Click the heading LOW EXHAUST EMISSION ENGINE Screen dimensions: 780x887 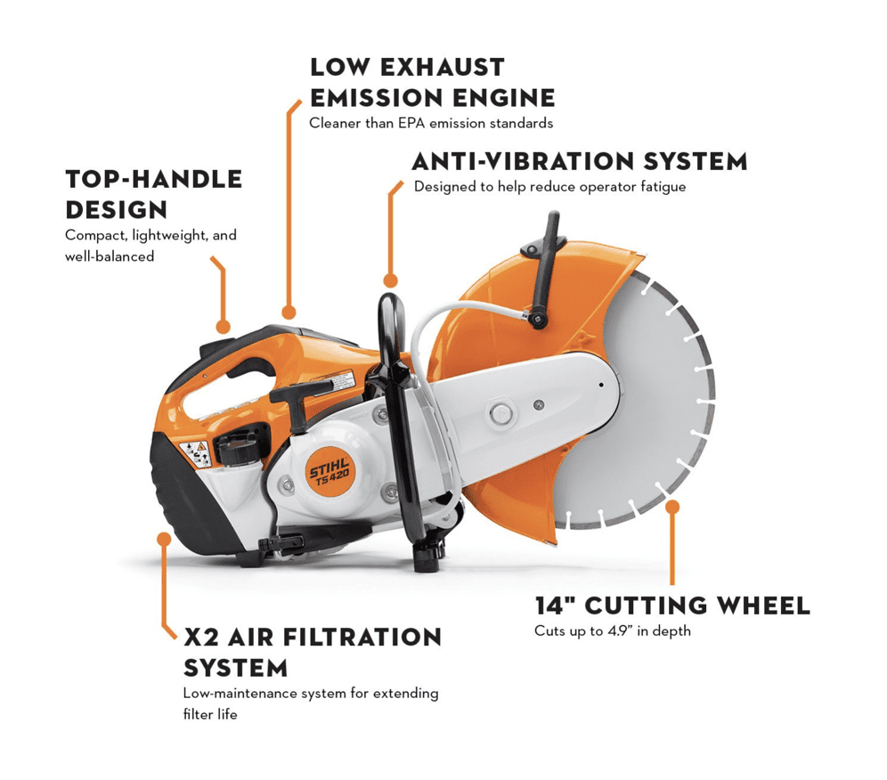click(x=432, y=82)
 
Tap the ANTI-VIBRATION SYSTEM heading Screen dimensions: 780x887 click(x=579, y=162)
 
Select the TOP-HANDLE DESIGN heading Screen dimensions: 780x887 click(x=153, y=193)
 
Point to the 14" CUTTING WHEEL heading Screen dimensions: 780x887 click(x=672, y=606)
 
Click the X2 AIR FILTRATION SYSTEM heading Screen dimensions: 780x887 click(x=312, y=652)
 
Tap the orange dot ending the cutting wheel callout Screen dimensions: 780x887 click(x=672, y=507)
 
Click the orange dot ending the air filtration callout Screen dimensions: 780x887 click(x=164, y=539)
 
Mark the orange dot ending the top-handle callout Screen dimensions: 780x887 click(x=223, y=327)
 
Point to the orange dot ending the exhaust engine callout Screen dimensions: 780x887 click(x=288, y=313)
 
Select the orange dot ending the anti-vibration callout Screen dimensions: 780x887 click(x=387, y=282)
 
